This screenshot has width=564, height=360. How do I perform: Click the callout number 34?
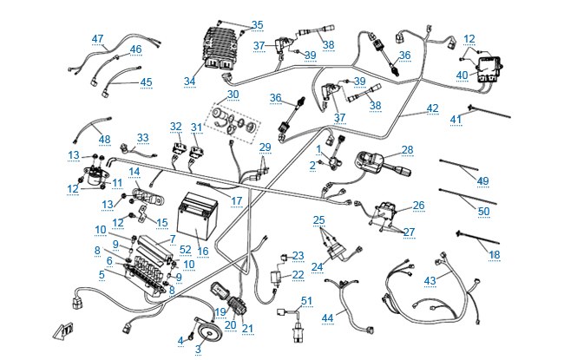coord(189,82)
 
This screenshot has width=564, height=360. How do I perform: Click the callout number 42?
coord(433,108)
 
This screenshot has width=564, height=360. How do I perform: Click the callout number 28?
coord(408,149)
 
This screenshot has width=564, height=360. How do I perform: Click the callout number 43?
coord(430,280)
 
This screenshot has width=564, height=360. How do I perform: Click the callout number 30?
coord(233,95)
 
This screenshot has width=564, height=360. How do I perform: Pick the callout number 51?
coord(307,301)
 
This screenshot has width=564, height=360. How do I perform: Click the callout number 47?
coord(97,38)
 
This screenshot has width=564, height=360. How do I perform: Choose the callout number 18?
coord(495,255)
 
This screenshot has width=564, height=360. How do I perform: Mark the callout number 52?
coord(186,249)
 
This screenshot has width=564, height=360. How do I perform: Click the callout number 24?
coord(318,267)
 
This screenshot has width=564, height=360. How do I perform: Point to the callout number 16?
coord(203,251)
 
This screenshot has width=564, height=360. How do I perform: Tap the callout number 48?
coord(105,139)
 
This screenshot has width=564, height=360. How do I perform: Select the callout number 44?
coord(327,317)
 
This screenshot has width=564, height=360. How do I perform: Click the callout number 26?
coord(419,206)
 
